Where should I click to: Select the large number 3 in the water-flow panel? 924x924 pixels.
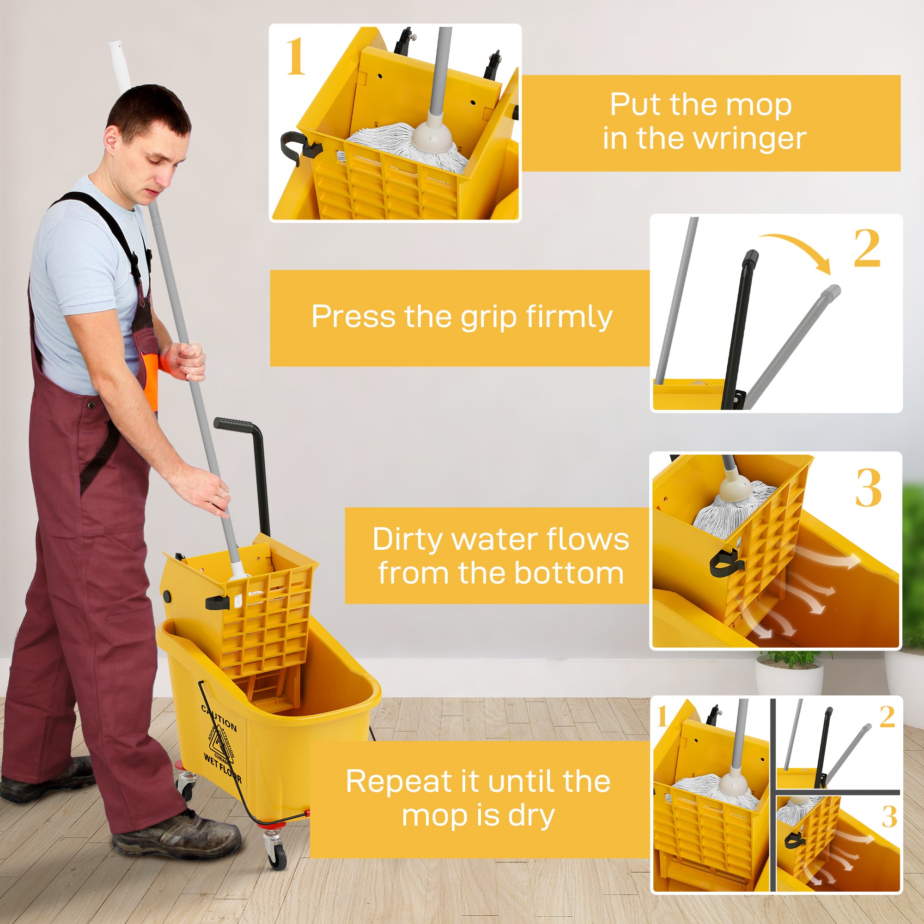pyautogui.click(x=868, y=488)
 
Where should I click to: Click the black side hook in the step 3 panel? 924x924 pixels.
pyautogui.click(x=721, y=565)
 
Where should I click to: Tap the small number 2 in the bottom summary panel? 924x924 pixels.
pyautogui.click(x=887, y=717)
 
